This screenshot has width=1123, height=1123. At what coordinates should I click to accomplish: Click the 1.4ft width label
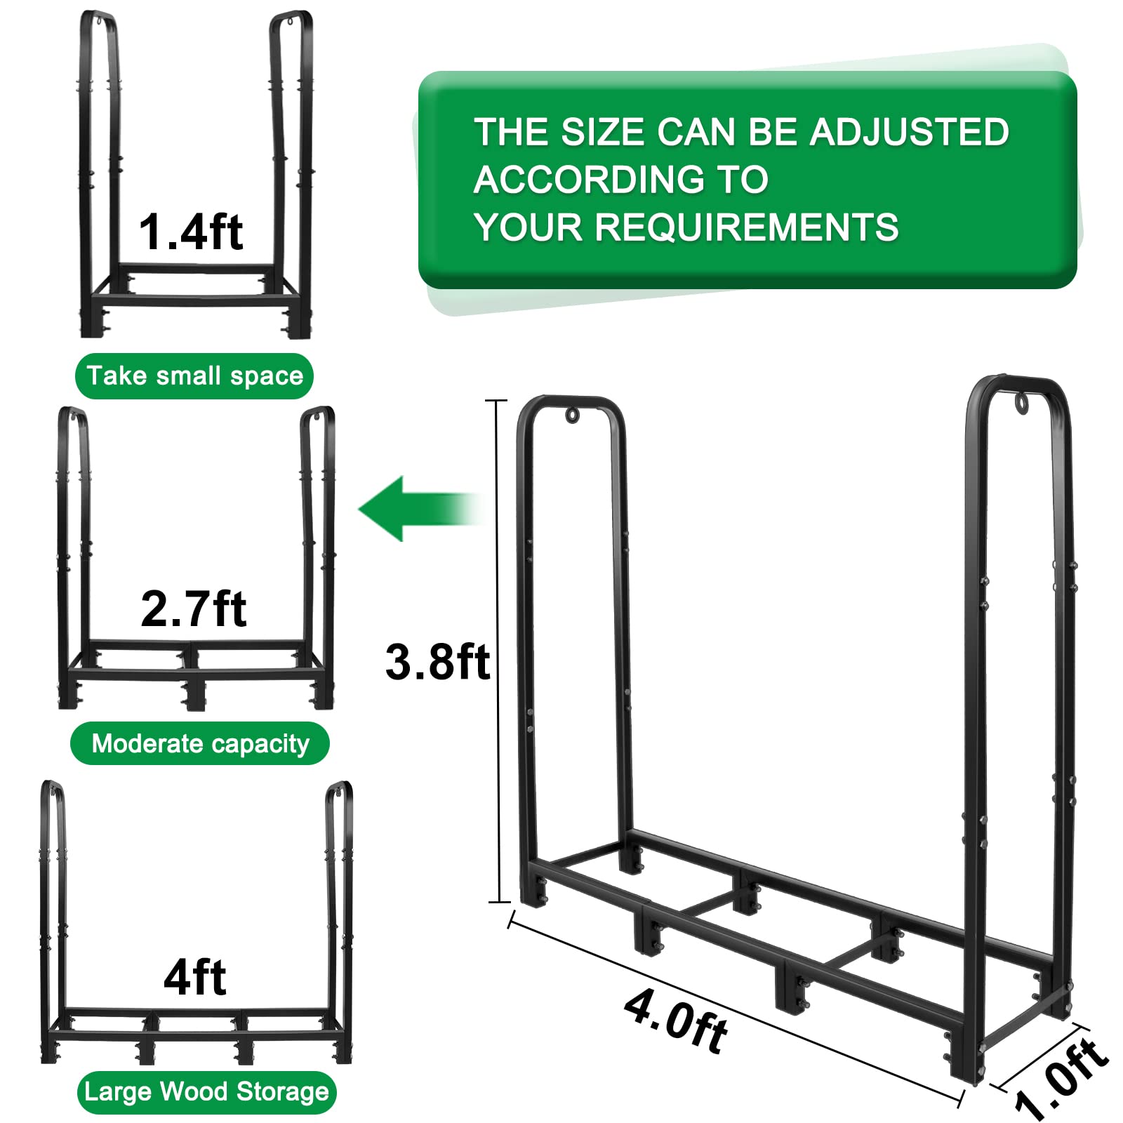(190, 232)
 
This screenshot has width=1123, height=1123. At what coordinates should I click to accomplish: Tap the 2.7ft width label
(193, 609)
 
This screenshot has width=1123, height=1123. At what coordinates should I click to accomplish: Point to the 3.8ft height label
(437, 662)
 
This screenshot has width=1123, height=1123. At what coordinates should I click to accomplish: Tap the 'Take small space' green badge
(194, 376)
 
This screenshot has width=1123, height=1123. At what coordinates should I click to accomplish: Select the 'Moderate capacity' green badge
(200, 743)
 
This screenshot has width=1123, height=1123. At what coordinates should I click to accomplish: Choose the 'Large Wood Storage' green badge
(206, 1092)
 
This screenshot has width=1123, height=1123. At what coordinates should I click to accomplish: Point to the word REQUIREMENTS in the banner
(747, 227)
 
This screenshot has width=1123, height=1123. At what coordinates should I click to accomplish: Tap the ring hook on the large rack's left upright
(572, 415)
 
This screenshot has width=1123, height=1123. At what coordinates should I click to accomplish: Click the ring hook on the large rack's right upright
(1021, 402)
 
